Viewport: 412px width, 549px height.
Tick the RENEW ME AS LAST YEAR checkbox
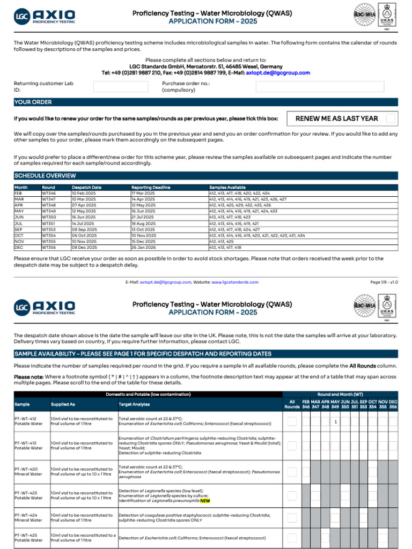tap(391, 118)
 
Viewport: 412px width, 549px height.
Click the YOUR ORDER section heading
tap(33, 102)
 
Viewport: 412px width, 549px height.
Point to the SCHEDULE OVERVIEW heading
tap(45, 176)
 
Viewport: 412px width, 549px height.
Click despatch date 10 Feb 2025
tap(84, 193)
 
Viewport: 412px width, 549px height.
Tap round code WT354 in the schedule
tap(49, 235)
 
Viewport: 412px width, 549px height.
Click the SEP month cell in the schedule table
tap(18, 229)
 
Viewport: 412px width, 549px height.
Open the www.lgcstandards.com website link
tap(235, 282)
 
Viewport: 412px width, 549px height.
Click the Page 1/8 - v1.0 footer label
tap(384, 282)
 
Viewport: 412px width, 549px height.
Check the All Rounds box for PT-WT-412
tap(292, 421)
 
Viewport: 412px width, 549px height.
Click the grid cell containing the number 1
tap(335, 422)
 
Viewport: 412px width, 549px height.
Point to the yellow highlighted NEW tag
tap(205, 501)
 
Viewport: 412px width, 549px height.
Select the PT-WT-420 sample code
tap(26, 469)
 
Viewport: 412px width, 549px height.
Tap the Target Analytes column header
tap(134, 404)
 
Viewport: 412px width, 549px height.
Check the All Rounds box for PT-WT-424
tap(292, 518)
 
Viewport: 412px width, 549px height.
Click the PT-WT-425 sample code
tap(26, 535)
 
